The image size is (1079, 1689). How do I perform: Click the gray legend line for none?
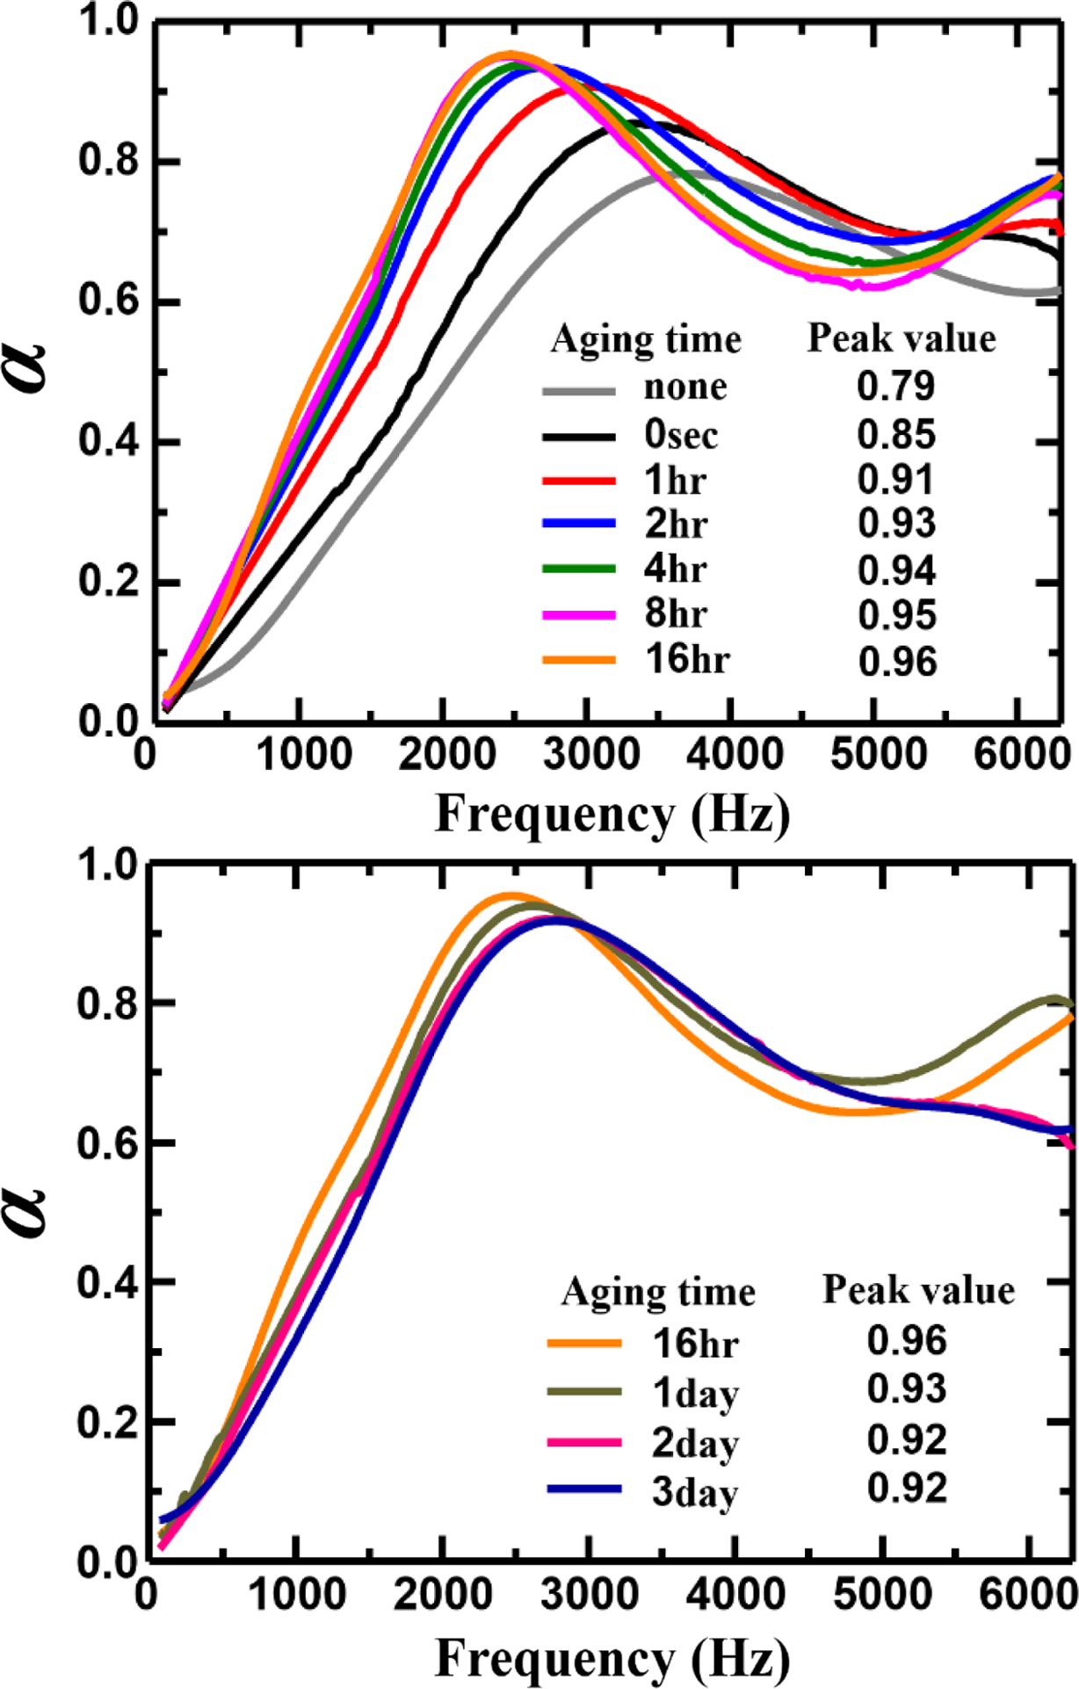[x=579, y=390]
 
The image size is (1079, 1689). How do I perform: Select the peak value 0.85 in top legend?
[x=897, y=434]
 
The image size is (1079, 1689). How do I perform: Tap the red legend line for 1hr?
[x=579, y=481]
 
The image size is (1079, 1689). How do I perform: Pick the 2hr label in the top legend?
[x=676, y=524]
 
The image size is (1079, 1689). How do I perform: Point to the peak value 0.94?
[x=897, y=570]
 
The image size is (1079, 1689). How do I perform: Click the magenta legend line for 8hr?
[x=579, y=615]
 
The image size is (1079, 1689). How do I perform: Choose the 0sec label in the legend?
[x=681, y=434]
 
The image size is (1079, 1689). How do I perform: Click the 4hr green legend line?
[x=579, y=569]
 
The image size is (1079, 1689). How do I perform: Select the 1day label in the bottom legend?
[x=695, y=1393]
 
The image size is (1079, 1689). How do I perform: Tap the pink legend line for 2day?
[x=584, y=1442]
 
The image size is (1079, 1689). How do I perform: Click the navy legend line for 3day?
[x=584, y=1490]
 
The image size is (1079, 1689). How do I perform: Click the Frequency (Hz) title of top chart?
[x=612, y=815]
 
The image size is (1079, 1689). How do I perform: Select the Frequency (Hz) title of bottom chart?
[x=612, y=1659]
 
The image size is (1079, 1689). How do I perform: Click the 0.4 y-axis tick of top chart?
[x=105, y=442]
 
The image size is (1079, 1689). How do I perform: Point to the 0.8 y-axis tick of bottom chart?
[x=105, y=1004]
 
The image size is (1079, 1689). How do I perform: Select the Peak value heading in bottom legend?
[x=918, y=1290]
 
